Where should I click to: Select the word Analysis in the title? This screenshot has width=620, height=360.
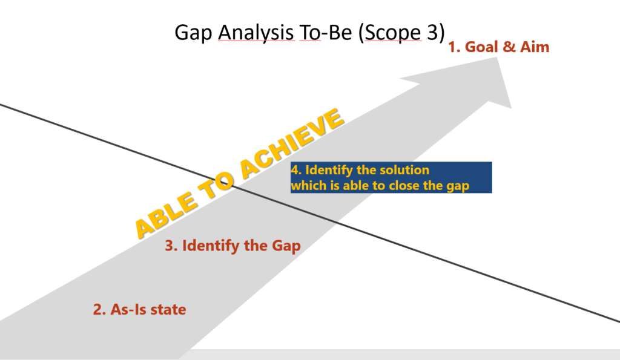[256, 33]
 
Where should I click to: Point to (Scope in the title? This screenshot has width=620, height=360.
[390, 33]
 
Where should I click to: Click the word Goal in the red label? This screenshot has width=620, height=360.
[481, 47]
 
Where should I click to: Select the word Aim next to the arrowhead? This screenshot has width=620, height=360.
[535, 47]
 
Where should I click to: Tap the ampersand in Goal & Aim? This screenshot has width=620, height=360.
[509, 47]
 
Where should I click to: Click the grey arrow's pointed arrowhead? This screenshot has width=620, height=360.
[497, 57]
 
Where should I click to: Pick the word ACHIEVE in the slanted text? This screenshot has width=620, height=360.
[292, 143]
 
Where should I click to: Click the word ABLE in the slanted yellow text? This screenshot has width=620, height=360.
[166, 216]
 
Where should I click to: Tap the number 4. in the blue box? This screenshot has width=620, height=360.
[296, 170]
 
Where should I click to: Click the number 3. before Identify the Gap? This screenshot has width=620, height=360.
[171, 246]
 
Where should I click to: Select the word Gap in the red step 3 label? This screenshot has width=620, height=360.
[286, 246]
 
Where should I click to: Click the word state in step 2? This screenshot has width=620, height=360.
[168, 309]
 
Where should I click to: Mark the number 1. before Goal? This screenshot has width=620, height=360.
[454, 47]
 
